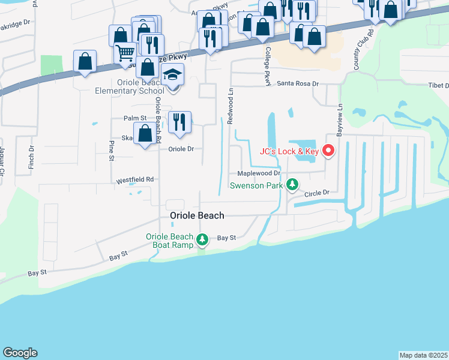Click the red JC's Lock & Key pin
coord(328,151)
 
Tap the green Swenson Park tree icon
coord(292,185)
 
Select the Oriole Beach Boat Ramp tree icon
coord(203,241)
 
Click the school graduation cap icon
coord(173,76)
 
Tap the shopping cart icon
coord(125,53)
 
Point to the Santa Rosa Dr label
coord(297,85)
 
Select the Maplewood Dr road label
coord(259,173)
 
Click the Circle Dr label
coord(318,193)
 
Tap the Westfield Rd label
coord(135,179)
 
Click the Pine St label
coord(111,151)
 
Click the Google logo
coord(20,353)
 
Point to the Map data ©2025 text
coord(423,355)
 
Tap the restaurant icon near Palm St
coord(179,122)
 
